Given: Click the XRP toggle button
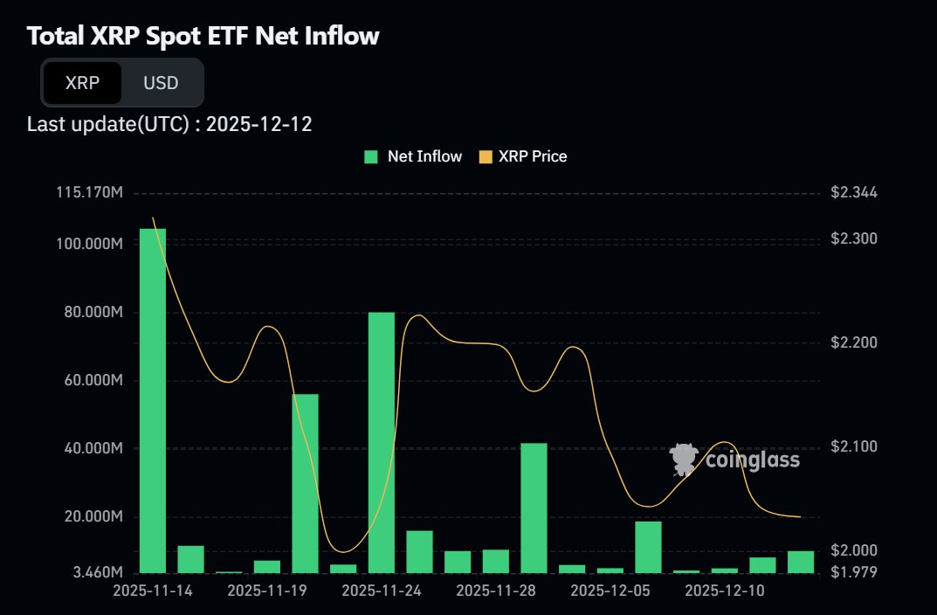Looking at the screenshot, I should [x=82, y=83].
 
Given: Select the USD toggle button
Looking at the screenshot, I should [x=161, y=83].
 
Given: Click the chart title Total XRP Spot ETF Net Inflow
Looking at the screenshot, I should [x=203, y=36].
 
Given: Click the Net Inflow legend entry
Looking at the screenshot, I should [x=414, y=156].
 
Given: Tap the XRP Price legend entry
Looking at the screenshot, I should [x=523, y=156].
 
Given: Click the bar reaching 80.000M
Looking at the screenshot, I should [x=382, y=442].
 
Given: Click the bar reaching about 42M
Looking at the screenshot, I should [x=534, y=508].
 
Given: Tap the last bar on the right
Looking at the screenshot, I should [x=801, y=562].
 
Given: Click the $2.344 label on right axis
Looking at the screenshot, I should [x=853, y=192].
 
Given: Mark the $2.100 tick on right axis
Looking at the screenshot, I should [x=853, y=446].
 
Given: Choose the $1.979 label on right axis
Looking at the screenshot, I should [x=853, y=572].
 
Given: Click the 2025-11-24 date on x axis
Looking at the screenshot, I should [x=382, y=591].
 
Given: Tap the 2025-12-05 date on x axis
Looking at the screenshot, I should [x=610, y=591].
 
